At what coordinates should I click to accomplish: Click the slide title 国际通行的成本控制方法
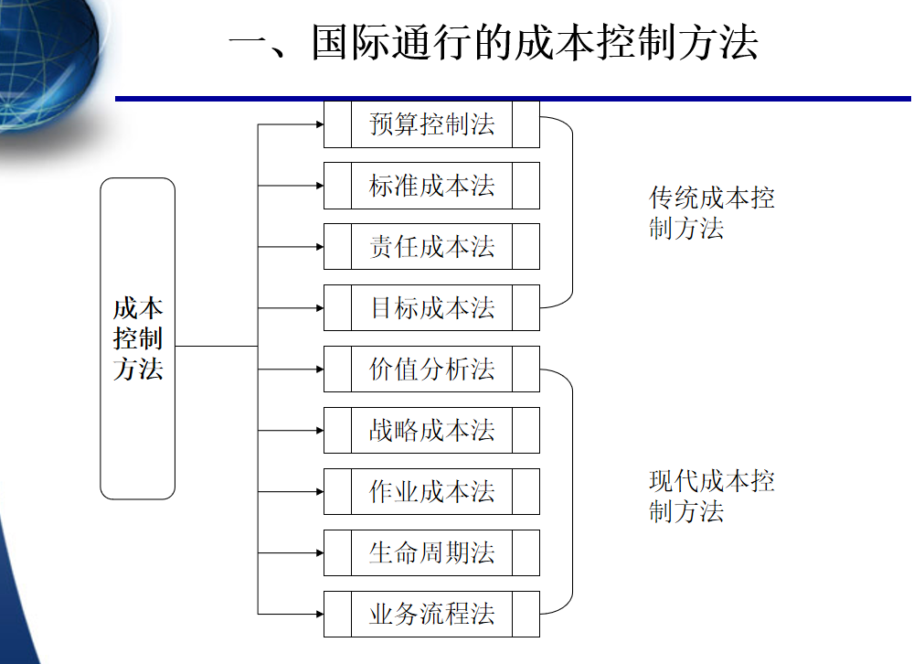click(x=494, y=43)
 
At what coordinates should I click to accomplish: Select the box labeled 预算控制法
click(x=431, y=124)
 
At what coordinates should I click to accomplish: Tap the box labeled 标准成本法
click(x=431, y=186)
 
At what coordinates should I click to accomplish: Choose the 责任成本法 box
click(x=431, y=247)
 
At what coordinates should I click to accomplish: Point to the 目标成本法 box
click(x=431, y=308)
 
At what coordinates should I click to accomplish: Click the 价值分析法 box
click(x=431, y=369)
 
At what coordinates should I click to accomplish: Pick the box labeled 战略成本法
click(x=431, y=431)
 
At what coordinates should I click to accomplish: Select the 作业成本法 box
click(x=431, y=492)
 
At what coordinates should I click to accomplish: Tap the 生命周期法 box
click(x=431, y=553)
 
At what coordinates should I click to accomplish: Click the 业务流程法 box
click(x=431, y=615)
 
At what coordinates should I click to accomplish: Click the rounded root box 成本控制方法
click(x=137, y=338)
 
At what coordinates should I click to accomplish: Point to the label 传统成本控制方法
click(x=711, y=212)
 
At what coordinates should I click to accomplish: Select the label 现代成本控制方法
click(x=711, y=496)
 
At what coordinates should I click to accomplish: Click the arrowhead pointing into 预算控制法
click(x=319, y=124)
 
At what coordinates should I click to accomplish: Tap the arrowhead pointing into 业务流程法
click(x=319, y=615)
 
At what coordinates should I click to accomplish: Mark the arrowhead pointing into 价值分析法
click(x=319, y=369)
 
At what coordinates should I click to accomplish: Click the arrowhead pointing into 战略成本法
click(x=319, y=431)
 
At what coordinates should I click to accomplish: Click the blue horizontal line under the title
click(x=512, y=98)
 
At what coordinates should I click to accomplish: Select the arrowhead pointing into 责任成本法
click(x=319, y=247)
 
